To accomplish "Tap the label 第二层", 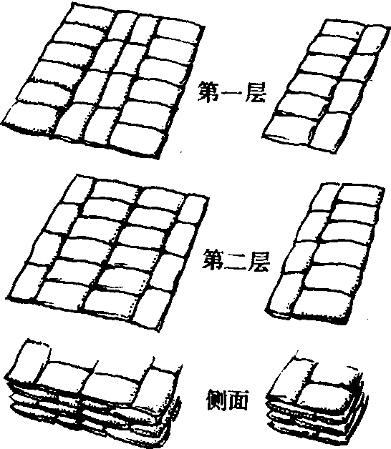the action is click(x=236, y=260).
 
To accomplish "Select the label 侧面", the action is click(x=227, y=400).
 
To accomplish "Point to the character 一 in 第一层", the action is click(x=232, y=92).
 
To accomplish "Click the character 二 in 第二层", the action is click(x=236, y=260).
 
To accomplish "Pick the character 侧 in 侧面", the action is click(x=216, y=400).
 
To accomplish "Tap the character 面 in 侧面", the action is click(x=238, y=400).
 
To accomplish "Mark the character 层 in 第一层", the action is click(x=256, y=92).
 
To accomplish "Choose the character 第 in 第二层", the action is click(x=213, y=260).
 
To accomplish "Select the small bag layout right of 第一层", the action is click(x=326, y=86).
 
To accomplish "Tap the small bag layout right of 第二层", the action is click(x=326, y=252).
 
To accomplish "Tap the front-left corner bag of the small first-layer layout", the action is click(x=290, y=129).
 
